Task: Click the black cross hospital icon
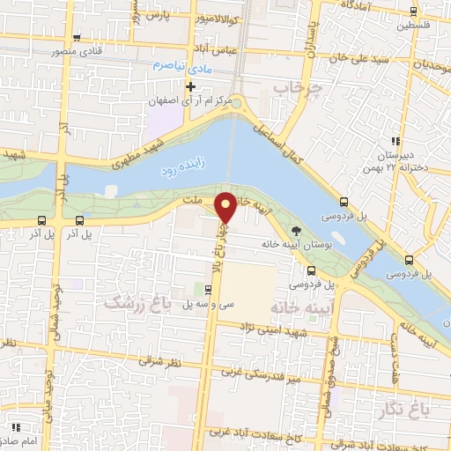(x=189, y=85)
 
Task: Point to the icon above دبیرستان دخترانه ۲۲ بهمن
(x=396, y=140)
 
